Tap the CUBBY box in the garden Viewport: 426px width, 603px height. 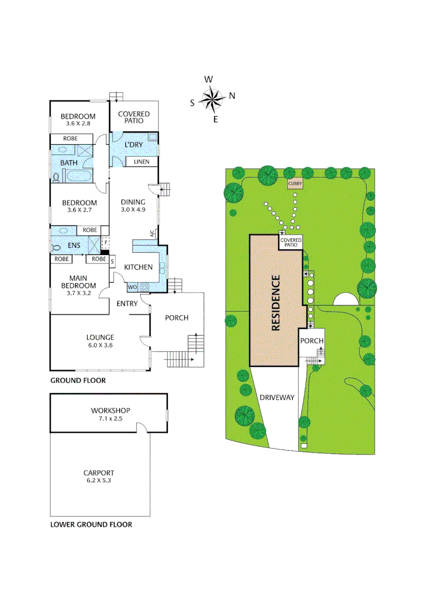(294, 184)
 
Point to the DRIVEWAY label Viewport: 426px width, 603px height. (277, 398)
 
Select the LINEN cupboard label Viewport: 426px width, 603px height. (141, 162)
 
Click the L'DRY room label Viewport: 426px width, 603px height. (133, 145)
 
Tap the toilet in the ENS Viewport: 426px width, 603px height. (56, 248)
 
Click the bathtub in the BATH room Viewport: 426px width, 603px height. (80, 177)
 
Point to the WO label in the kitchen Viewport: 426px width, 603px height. (133, 287)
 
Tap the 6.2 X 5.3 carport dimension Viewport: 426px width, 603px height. (99, 480)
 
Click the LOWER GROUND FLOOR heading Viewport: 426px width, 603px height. (91, 525)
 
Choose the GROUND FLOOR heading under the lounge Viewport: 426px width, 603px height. (78, 381)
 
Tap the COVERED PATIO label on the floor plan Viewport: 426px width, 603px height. (134, 117)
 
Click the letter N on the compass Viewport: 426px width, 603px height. (232, 95)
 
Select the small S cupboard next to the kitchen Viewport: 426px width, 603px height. (112, 260)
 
